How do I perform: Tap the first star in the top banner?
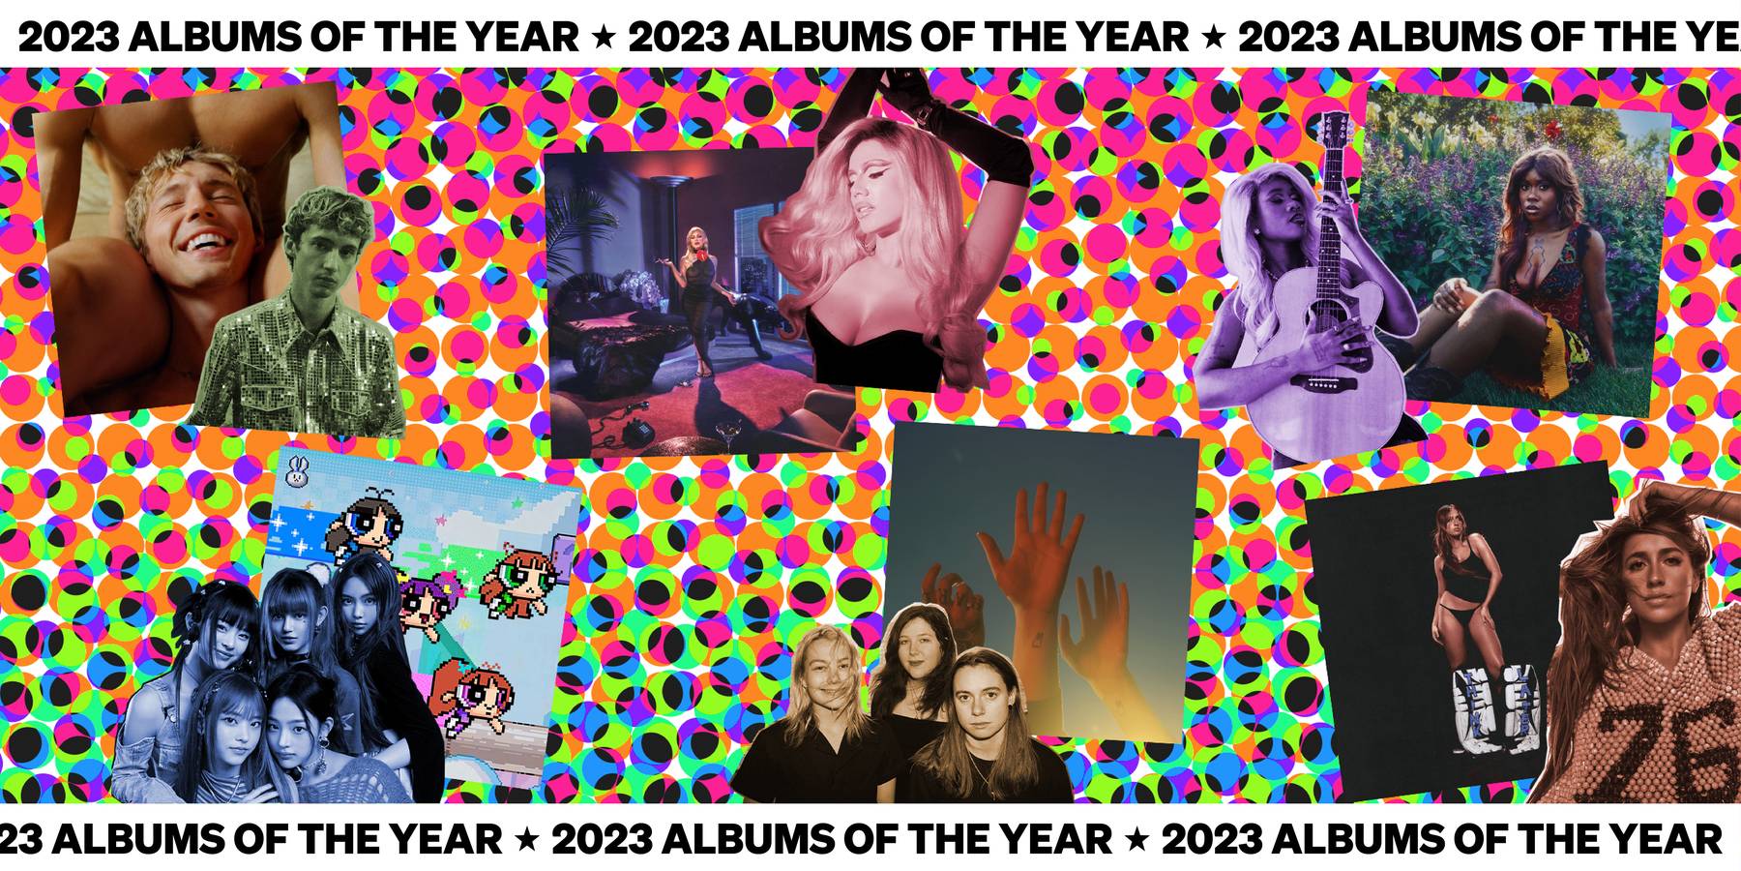[604, 39]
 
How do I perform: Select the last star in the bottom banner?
[1137, 839]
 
